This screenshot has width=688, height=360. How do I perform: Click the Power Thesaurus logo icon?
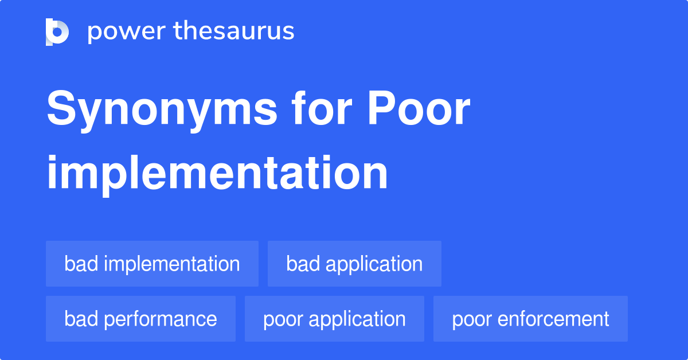tap(57, 32)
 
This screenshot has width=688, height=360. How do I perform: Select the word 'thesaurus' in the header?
tap(234, 32)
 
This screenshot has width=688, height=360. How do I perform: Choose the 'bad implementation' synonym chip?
tap(152, 264)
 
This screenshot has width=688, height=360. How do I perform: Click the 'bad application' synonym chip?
tap(354, 264)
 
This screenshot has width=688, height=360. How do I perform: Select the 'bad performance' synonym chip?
tap(140, 319)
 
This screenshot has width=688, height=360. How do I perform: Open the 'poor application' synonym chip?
tap(334, 319)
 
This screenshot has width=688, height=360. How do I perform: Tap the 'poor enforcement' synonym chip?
tap(530, 319)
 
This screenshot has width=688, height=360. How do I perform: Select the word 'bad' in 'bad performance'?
tap(80, 319)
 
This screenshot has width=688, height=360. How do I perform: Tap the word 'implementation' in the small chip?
tap(171, 264)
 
